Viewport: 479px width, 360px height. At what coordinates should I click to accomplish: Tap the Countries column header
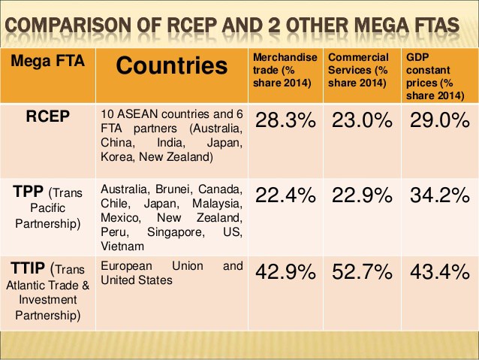click(171, 66)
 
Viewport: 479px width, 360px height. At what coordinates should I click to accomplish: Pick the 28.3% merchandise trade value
click(286, 122)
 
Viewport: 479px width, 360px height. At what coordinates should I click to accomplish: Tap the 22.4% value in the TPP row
click(286, 195)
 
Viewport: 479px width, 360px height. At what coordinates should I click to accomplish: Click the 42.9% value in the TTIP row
click(286, 272)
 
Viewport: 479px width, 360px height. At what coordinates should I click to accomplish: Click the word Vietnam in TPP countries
click(122, 246)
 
